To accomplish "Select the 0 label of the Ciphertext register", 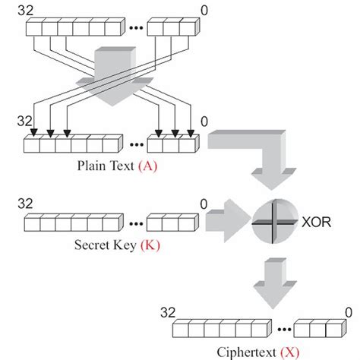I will tap(348, 311).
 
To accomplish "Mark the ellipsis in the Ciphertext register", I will tap(282, 331).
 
